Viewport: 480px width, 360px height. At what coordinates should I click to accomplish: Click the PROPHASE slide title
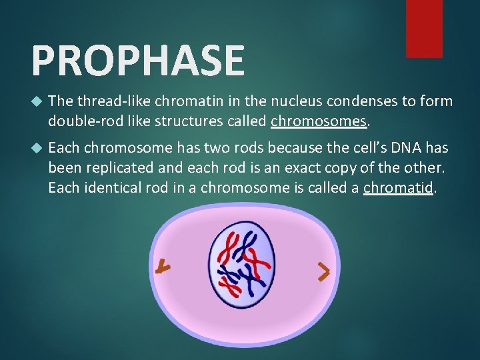tap(138, 60)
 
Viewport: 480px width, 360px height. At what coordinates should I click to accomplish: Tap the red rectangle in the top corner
tap(424, 28)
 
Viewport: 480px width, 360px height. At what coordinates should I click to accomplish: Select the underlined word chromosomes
tap(319, 121)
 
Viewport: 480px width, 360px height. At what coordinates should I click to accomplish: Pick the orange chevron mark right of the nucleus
tap(323, 271)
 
